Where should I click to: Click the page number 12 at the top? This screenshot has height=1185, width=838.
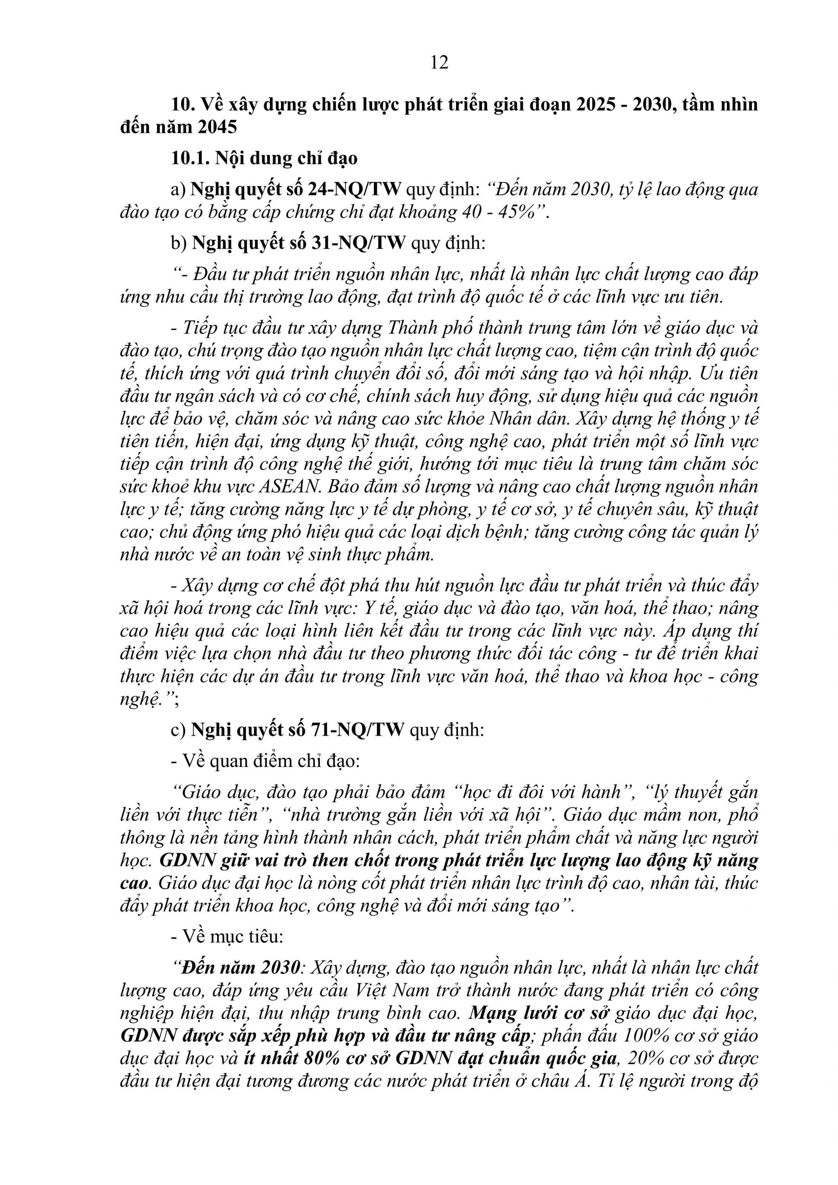pyautogui.click(x=439, y=62)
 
